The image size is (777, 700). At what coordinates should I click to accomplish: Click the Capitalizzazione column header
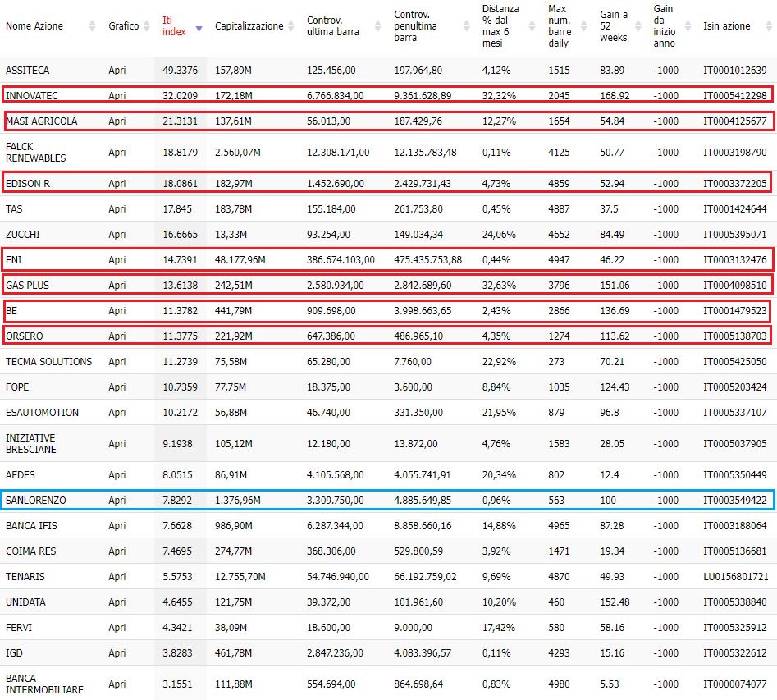249,25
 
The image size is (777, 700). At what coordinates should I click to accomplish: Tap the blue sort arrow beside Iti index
199,29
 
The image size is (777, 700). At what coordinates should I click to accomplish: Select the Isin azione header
726,25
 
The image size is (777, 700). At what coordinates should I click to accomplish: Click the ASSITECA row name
27,71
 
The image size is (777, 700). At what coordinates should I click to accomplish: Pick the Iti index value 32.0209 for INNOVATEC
180,96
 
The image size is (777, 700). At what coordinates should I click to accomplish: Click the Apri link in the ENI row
117,260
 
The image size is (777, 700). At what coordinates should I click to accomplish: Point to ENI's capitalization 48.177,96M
240,260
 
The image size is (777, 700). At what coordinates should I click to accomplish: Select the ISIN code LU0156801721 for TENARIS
735,577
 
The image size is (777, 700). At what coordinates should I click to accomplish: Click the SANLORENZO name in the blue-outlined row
35,501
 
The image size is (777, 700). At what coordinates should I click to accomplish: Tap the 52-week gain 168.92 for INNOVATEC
615,96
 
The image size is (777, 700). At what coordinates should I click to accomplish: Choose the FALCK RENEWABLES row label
35,152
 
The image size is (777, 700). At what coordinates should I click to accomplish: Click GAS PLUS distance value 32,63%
499,285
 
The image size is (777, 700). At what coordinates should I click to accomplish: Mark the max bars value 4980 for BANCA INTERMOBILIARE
559,684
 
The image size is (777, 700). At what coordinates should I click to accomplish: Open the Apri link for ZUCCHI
117,235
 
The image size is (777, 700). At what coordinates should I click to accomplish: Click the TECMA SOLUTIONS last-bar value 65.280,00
328,361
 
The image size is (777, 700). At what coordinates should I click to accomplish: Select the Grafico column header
123,25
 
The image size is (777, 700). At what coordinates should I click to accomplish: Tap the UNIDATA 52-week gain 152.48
615,602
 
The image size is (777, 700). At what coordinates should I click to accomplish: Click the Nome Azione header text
34,25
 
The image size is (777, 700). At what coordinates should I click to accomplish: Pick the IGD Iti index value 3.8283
177,653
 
